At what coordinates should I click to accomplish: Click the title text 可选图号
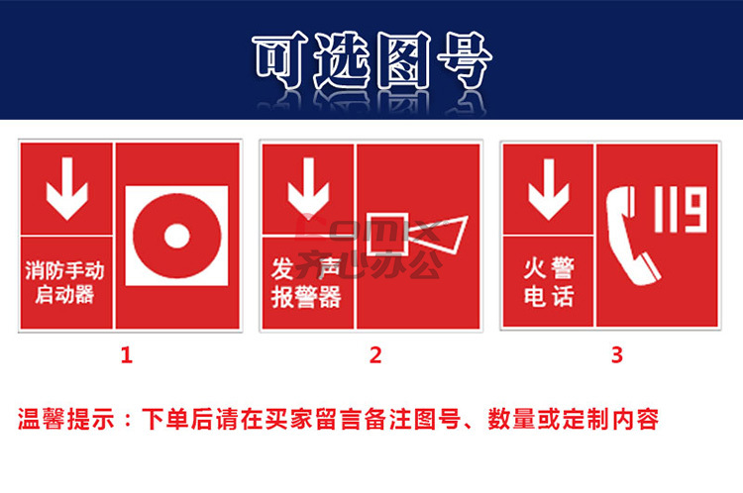coord(371,62)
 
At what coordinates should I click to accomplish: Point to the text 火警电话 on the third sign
coord(548,281)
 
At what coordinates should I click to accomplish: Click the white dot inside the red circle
coord(176,235)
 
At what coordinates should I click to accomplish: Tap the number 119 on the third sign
coord(683,212)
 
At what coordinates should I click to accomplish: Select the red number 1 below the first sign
coord(126,355)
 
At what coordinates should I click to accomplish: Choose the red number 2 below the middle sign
coord(374,355)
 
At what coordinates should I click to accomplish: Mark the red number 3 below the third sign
coord(616,355)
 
